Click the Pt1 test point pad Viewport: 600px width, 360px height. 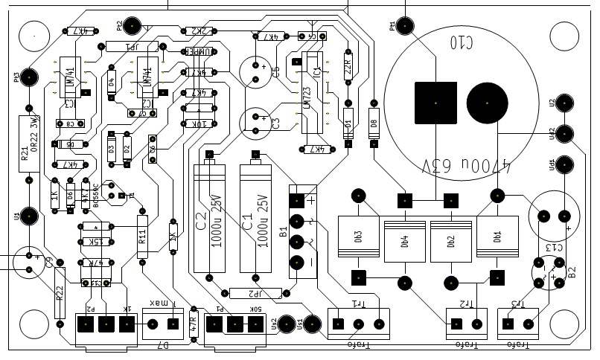pyautogui.click(x=404, y=25)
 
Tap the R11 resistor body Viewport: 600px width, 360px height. pyautogui.click(x=143, y=237)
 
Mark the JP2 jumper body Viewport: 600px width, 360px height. pyautogui.click(x=255, y=293)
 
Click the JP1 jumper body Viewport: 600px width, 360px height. pyautogui.click(x=133, y=46)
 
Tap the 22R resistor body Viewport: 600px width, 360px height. pyautogui.click(x=347, y=69)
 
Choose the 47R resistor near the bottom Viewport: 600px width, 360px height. pyautogui.click(x=194, y=322)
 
